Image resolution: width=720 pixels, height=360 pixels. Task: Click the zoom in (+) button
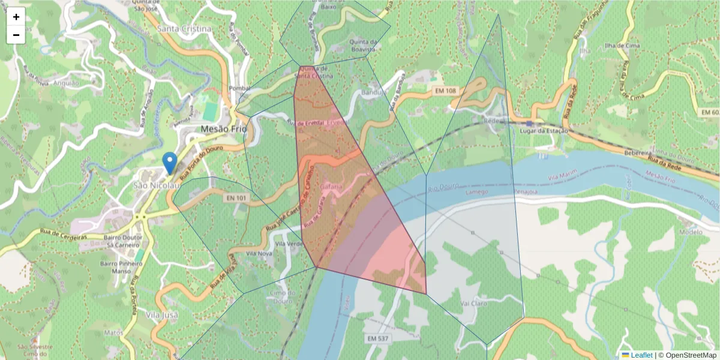(x=16, y=17)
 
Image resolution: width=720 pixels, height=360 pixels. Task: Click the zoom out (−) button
(x=16, y=35)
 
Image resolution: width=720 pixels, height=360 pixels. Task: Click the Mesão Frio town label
(x=224, y=129)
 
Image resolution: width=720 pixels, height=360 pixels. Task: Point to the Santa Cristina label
(x=184, y=29)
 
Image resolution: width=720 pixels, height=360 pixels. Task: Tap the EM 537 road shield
(x=379, y=339)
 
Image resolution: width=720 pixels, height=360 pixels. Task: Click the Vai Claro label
(x=473, y=304)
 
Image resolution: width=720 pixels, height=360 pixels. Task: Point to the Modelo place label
(x=689, y=232)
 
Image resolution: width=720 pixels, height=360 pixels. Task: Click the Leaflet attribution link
(x=641, y=355)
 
